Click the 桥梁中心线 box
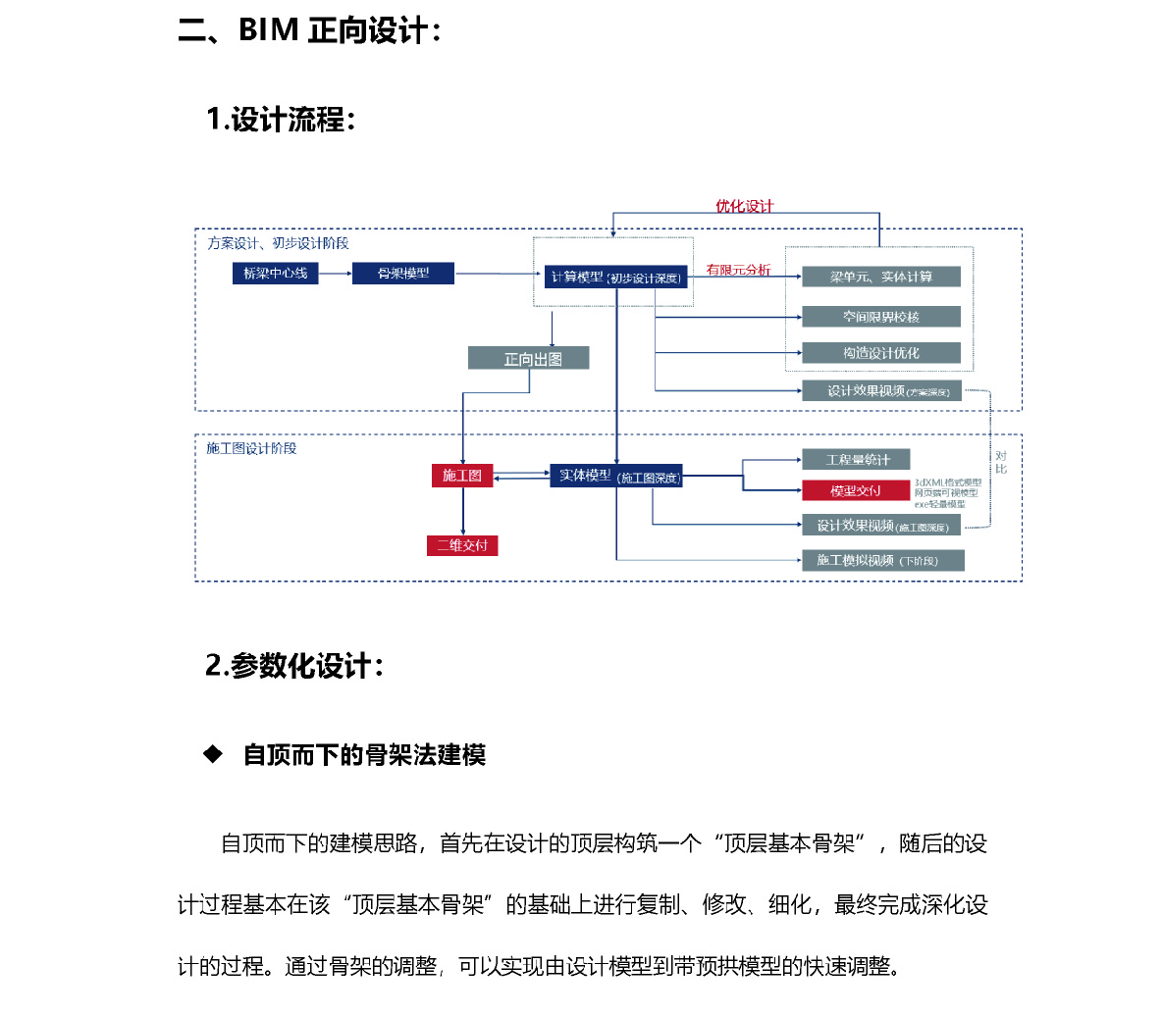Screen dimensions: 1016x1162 (x=276, y=274)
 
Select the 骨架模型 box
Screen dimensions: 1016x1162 (x=403, y=274)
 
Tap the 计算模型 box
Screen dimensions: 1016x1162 (x=615, y=278)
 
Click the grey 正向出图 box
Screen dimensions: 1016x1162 (x=528, y=359)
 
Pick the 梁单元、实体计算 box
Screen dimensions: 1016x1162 (x=880, y=277)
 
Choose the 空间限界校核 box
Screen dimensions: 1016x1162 (x=880, y=317)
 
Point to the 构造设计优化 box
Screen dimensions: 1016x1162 (x=880, y=353)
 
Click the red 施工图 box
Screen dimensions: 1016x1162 (x=461, y=476)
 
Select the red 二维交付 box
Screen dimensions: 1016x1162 (x=462, y=545)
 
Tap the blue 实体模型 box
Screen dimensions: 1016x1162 (x=615, y=477)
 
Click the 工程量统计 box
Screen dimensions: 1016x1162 (x=856, y=459)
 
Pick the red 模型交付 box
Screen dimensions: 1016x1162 (x=856, y=490)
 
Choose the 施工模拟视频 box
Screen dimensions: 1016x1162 (x=882, y=560)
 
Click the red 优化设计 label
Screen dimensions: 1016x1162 (x=744, y=206)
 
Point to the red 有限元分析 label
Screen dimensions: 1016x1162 (x=738, y=270)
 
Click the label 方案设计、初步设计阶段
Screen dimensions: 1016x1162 (x=278, y=243)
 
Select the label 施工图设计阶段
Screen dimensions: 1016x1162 (x=251, y=448)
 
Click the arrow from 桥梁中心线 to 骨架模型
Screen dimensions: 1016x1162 (x=335, y=274)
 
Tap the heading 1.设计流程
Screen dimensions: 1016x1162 (x=280, y=120)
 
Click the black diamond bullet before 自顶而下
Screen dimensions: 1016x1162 (x=213, y=754)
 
